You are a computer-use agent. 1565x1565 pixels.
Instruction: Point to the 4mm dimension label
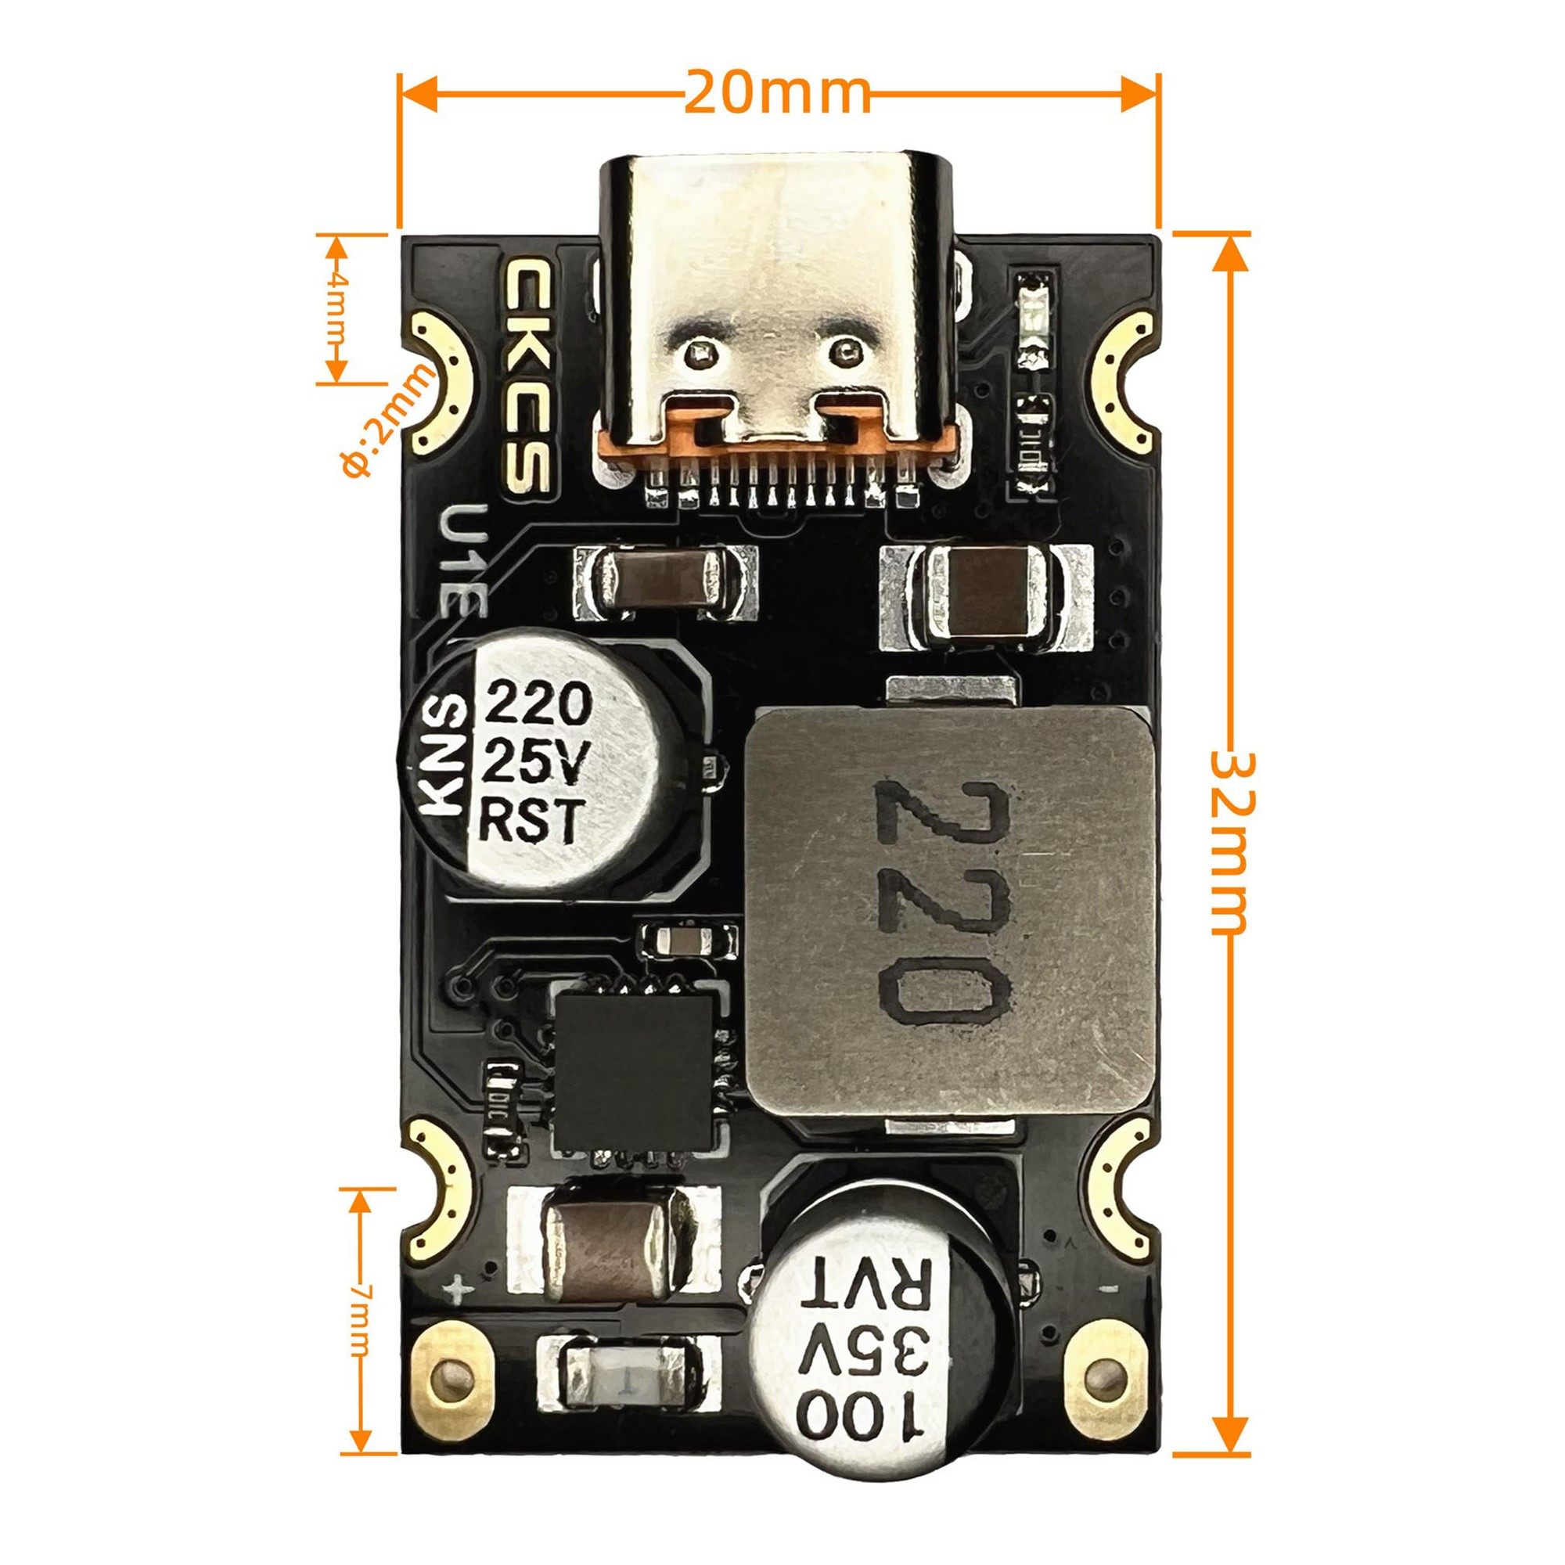tap(337, 308)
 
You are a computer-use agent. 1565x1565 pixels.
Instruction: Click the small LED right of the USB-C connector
tap(1033, 320)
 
